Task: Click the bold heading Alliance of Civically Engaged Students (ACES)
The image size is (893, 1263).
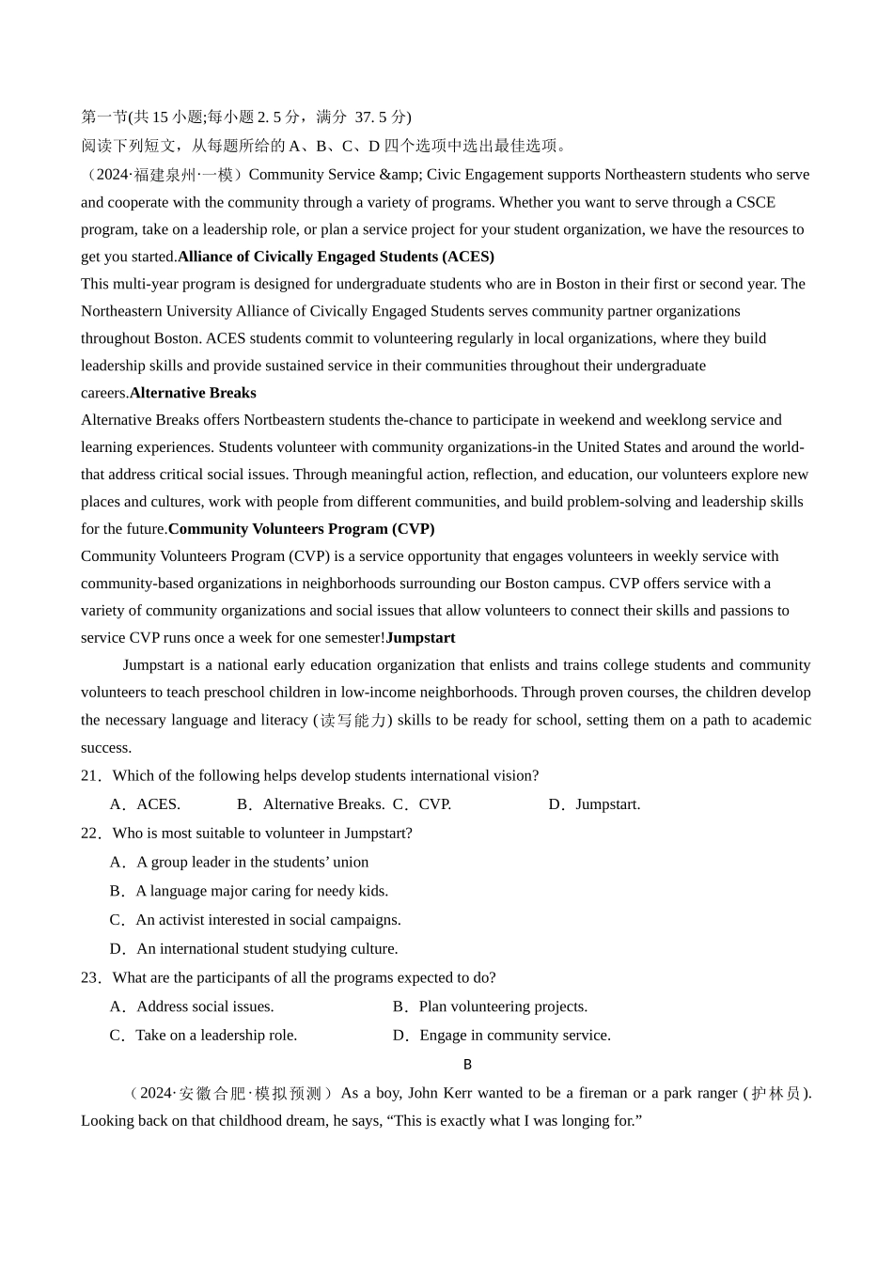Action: coord(336,257)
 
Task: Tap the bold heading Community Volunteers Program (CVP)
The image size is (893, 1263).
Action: coord(301,529)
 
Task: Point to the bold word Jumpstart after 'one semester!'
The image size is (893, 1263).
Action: coord(420,638)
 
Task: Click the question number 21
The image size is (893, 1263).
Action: coord(90,776)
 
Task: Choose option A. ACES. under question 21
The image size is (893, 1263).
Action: coord(146,804)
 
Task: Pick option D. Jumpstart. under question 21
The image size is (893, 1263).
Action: coord(595,804)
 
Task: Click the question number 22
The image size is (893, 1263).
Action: coord(90,834)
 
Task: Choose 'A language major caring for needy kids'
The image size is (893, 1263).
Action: coord(249,891)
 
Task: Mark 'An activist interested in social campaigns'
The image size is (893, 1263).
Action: coord(256,920)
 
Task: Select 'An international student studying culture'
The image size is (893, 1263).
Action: coord(255,949)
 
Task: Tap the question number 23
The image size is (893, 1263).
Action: coord(90,978)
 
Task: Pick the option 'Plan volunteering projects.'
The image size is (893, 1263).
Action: coord(491,1007)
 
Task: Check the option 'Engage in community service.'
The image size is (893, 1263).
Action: coord(502,1036)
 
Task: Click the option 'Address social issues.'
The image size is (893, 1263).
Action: coord(193,1007)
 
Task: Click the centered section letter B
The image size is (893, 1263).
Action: coord(467,1065)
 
